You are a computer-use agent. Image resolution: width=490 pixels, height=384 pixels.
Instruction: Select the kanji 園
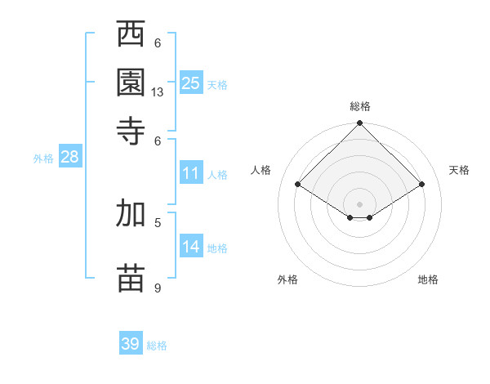(x=131, y=82)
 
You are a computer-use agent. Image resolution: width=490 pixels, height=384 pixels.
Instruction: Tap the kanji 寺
(x=131, y=129)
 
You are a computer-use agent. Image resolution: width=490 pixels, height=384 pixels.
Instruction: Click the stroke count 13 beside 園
(x=158, y=92)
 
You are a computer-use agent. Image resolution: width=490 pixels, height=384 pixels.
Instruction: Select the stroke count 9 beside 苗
(x=158, y=288)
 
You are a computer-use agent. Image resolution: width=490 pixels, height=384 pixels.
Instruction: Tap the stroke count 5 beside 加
(x=158, y=221)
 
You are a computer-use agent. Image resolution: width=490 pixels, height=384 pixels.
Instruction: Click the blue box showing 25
(x=191, y=83)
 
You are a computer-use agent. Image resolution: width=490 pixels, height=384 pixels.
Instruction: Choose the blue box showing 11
(x=191, y=173)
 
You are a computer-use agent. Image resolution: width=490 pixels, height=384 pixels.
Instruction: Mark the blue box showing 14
(x=191, y=247)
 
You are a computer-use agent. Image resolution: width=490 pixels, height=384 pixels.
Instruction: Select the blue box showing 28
(x=69, y=158)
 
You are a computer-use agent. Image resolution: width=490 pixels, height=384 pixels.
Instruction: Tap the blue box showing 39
(x=131, y=344)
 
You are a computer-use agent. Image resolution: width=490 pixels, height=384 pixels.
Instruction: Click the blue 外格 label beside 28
(x=43, y=159)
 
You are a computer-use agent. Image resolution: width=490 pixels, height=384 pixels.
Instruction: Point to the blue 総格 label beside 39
(x=157, y=346)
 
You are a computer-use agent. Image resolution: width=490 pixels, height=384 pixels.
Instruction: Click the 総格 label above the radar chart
(x=360, y=106)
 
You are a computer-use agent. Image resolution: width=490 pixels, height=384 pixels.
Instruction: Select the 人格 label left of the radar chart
(x=261, y=170)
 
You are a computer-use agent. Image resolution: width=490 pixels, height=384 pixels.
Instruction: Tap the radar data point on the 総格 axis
(x=359, y=124)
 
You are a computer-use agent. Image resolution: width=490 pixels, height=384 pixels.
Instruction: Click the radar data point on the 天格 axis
(x=422, y=185)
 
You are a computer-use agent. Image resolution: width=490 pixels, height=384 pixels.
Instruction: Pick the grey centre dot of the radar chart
(x=359, y=203)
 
